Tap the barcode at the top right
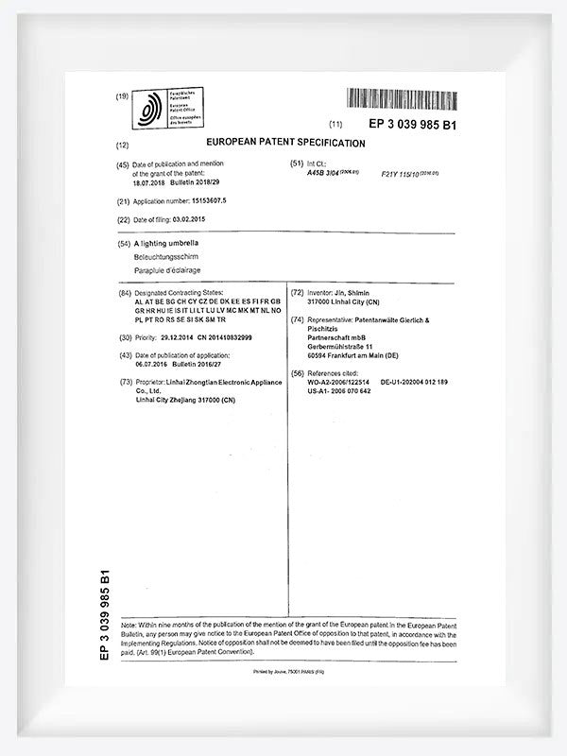pos(401,98)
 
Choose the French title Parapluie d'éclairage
pos(174,270)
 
